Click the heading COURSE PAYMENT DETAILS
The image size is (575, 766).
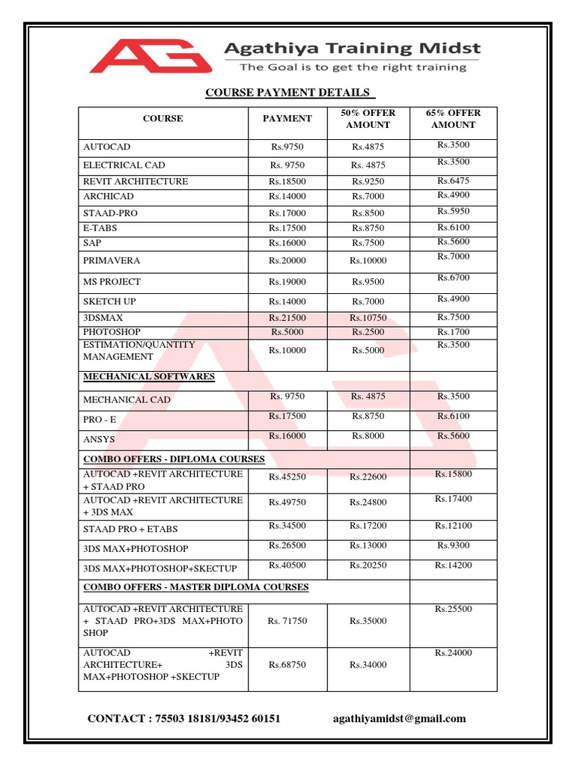[x=288, y=93]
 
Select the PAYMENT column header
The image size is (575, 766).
[x=287, y=118]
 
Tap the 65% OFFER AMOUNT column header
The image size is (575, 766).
[x=453, y=119]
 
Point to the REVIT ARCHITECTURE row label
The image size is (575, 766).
[x=136, y=182]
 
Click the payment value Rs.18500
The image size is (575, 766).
[x=287, y=182]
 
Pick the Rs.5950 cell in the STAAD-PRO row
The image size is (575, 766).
[x=453, y=212]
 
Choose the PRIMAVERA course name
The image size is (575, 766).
[x=112, y=261]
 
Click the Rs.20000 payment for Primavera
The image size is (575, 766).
[x=287, y=261]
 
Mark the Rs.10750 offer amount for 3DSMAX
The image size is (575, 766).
[x=368, y=318]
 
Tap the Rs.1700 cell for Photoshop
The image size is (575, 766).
[x=453, y=331]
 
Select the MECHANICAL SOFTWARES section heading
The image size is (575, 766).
[x=149, y=376]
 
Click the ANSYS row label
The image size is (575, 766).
[x=99, y=440]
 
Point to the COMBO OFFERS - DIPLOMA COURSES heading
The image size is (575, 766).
[x=174, y=459]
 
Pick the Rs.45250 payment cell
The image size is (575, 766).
[x=287, y=477]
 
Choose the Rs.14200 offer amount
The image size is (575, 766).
[x=453, y=566]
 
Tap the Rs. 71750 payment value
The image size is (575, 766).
[x=287, y=621]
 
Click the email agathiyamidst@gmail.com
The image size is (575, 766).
[x=399, y=719]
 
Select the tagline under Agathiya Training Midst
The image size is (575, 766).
[x=352, y=67]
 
